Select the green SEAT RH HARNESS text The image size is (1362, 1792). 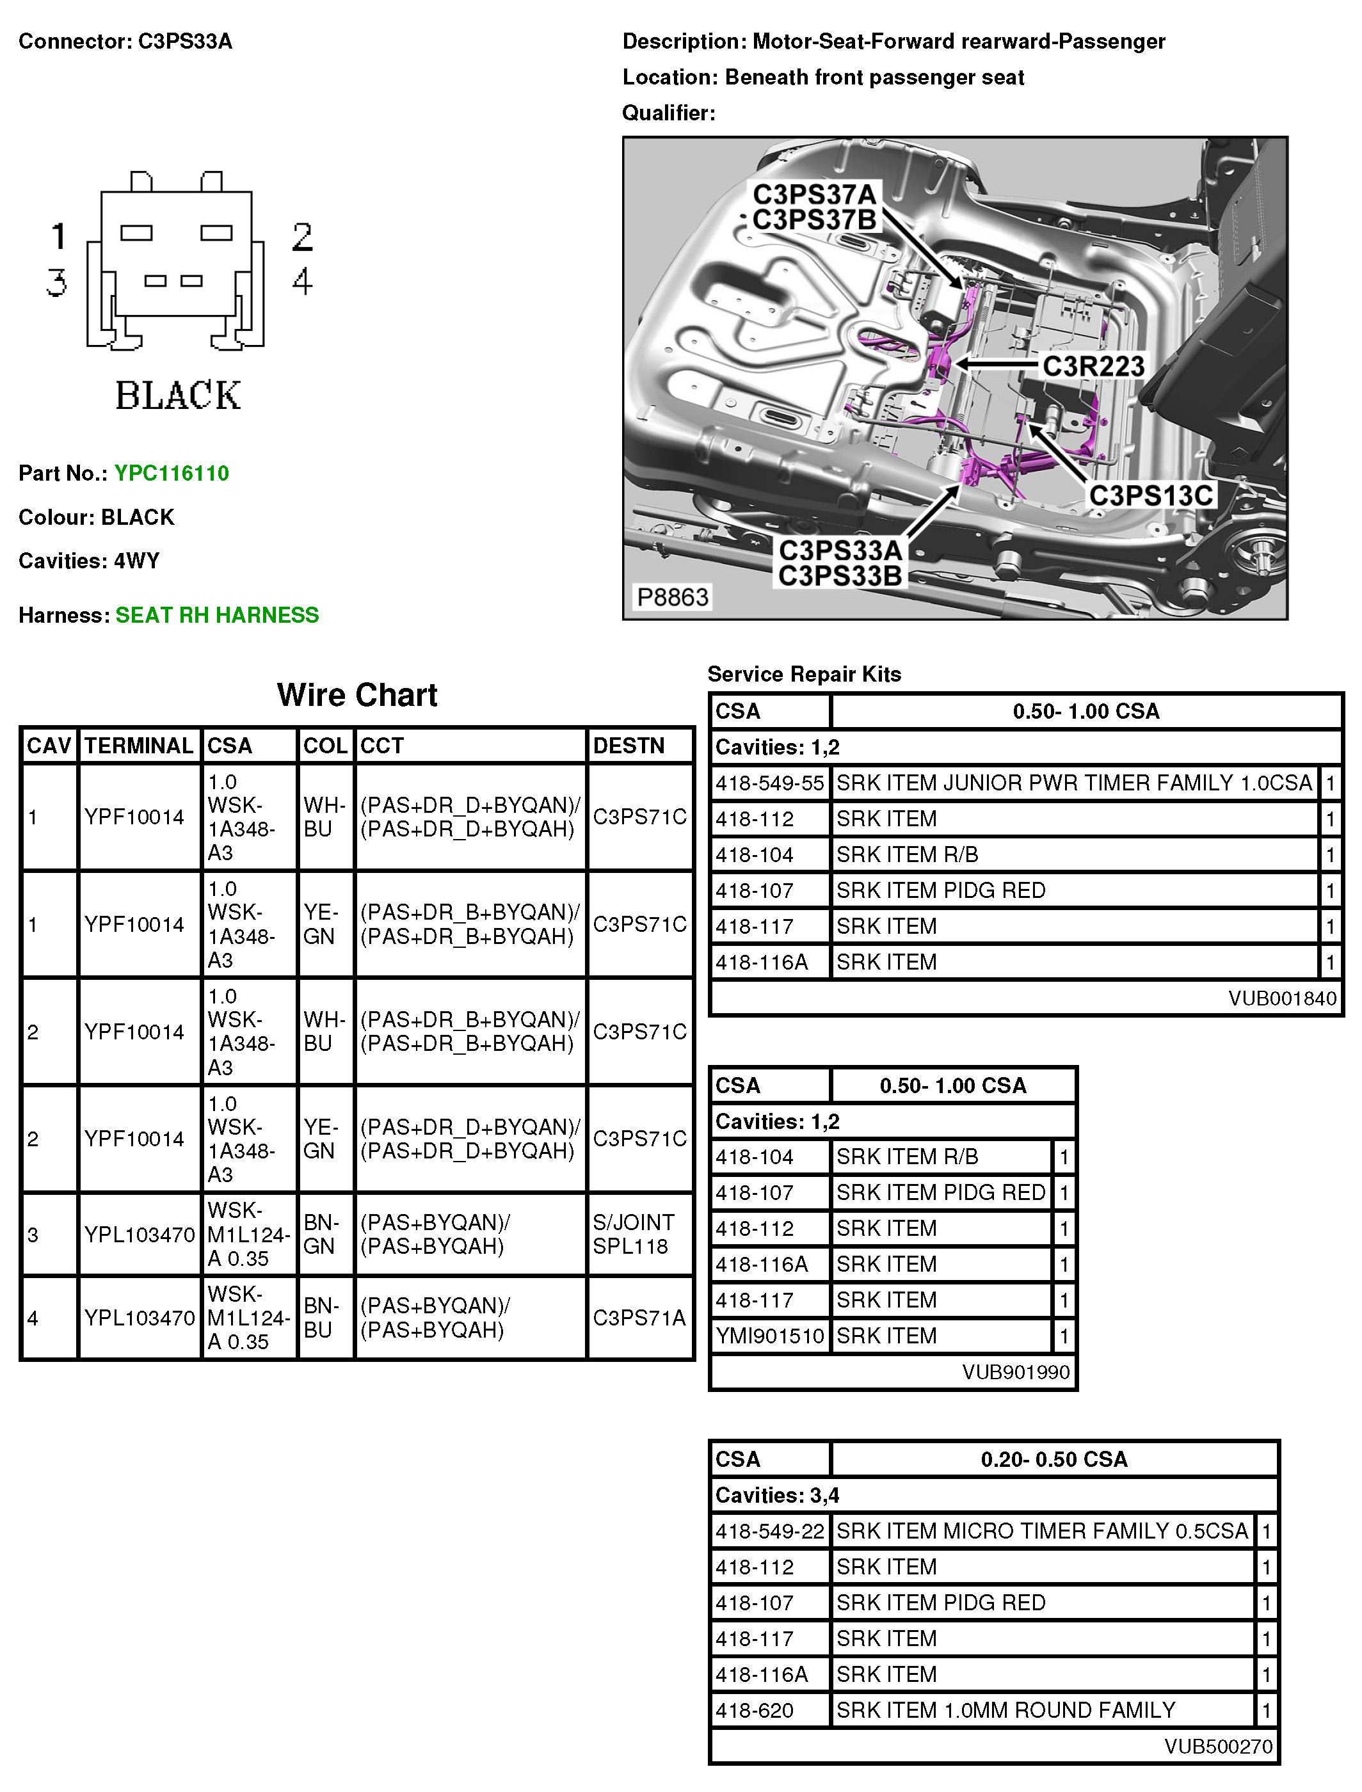pos(216,615)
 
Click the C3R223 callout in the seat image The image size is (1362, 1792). pos(1093,366)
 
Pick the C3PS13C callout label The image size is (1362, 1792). pos(1150,495)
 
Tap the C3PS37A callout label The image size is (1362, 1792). pos(815,195)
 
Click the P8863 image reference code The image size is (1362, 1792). pos(672,597)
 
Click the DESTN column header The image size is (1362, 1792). pos(629,746)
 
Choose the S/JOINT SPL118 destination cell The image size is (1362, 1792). pos(633,1235)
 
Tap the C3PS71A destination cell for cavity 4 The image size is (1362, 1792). pos(639,1318)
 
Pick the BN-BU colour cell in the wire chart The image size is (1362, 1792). pos(319,1318)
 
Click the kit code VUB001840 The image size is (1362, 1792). pos(1282,998)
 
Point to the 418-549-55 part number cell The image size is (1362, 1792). pos(769,783)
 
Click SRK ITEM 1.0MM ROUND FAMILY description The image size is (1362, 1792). pos(1005,1710)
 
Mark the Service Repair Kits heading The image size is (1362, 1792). pos(805,675)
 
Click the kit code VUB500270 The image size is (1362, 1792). pos(1218,1746)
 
